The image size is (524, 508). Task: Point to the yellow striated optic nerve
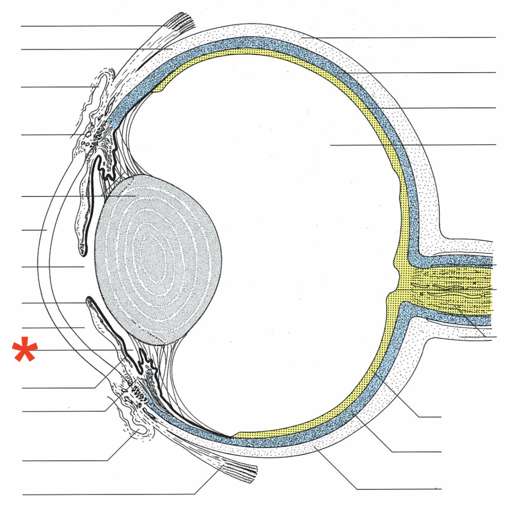tap(452, 289)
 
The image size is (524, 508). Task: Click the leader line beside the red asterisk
tap(79, 349)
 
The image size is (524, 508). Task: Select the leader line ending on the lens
tap(79, 196)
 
